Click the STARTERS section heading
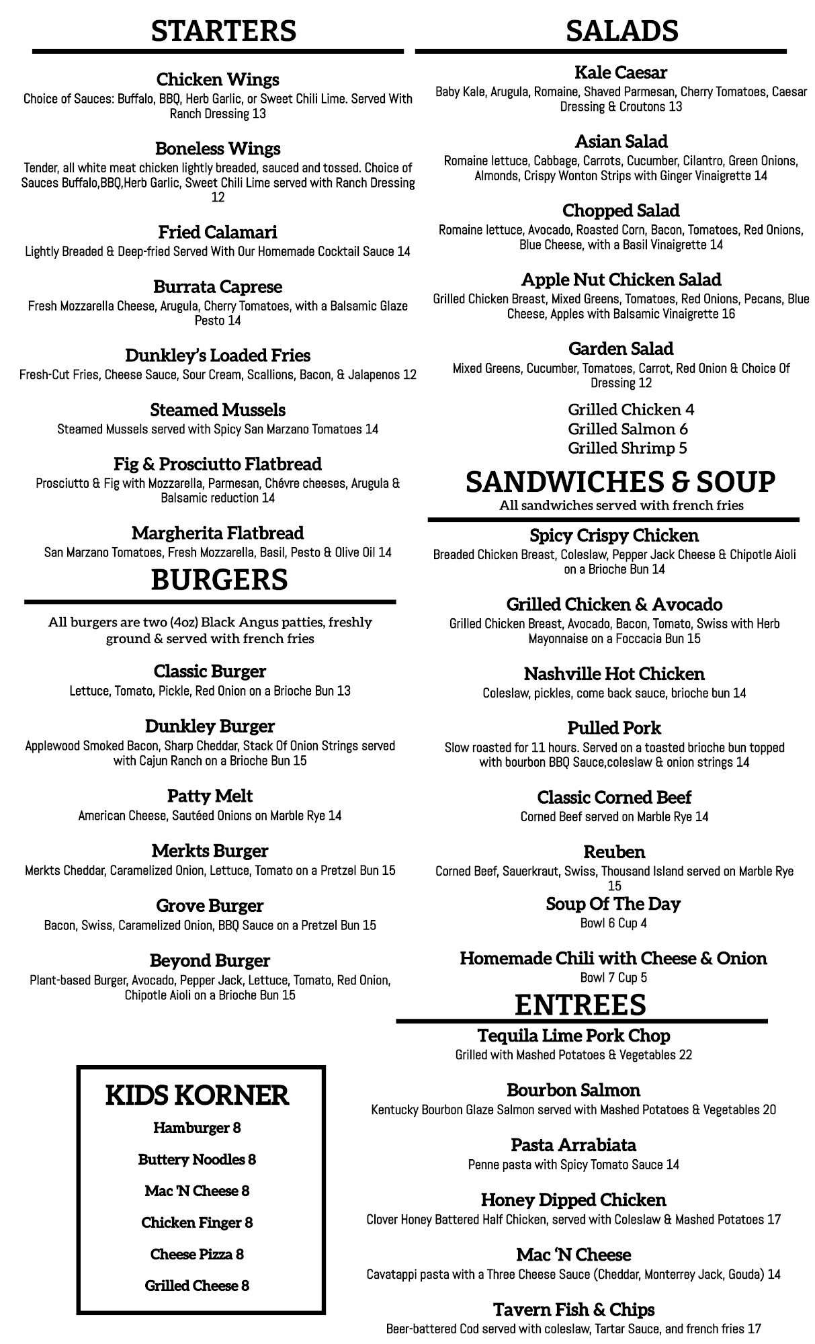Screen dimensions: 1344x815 (x=223, y=31)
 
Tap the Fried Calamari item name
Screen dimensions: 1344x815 (x=218, y=233)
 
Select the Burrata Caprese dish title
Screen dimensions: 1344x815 (x=218, y=287)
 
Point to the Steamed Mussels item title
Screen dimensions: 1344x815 (x=218, y=410)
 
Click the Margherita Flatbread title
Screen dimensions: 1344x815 (x=218, y=533)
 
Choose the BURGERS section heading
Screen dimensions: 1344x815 (x=219, y=580)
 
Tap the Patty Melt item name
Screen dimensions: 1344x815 (x=210, y=796)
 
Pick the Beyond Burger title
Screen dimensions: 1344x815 (x=210, y=960)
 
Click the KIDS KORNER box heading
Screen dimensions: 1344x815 (x=197, y=1095)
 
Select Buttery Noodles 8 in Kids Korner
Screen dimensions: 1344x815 (x=197, y=1159)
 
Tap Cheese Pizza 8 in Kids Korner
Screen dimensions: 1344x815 (x=197, y=1254)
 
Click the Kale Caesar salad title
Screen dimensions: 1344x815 (x=621, y=72)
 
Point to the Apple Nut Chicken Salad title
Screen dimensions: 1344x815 (x=621, y=280)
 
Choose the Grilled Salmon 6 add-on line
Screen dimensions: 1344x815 (x=628, y=429)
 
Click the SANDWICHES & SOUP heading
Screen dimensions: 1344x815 (x=620, y=482)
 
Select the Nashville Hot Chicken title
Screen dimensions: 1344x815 (x=614, y=673)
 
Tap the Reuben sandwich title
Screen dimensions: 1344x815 (x=614, y=851)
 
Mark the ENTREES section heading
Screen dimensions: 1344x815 (x=581, y=1005)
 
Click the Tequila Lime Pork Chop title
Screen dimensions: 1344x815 (x=574, y=1036)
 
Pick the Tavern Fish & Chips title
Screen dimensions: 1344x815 (x=574, y=1310)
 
